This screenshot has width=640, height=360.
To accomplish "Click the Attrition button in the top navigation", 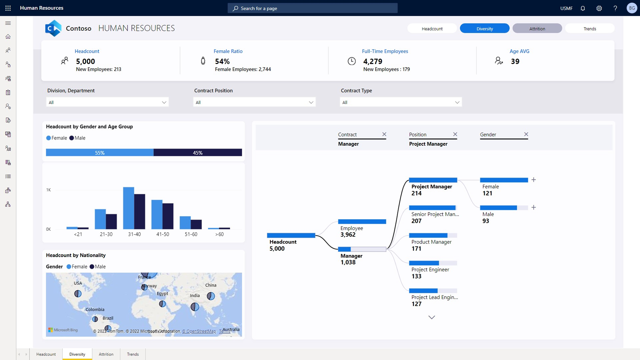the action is (537, 28).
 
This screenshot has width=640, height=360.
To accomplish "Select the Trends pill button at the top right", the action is (590, 28).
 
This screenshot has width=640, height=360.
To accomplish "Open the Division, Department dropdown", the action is (107, 102).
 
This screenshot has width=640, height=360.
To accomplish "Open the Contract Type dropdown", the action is (401, 102).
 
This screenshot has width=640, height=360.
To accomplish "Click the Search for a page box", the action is (312, 8).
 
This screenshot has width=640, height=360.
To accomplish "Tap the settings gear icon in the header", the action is (599, 8).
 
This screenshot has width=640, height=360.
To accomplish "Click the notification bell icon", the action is (583, 8).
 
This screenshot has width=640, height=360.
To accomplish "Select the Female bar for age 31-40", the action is (129, 208).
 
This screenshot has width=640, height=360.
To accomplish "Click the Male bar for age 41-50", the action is (168, 216).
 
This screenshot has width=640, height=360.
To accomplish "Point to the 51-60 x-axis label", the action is (191, 234).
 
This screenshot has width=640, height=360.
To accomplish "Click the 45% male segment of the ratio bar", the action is (198, 153).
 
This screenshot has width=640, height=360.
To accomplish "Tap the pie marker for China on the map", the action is (211, 296).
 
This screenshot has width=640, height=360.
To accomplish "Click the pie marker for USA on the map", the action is (78, 293).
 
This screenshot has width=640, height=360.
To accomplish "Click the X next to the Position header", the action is (455, 134).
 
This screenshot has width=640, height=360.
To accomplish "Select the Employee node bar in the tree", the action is (362, 221).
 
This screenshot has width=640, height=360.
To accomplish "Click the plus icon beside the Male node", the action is (533, 207).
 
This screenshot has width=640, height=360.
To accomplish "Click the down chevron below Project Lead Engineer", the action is (432, 317).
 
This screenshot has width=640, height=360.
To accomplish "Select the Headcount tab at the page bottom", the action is (46, 354).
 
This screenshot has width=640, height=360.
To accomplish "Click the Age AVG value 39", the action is (515, 61).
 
